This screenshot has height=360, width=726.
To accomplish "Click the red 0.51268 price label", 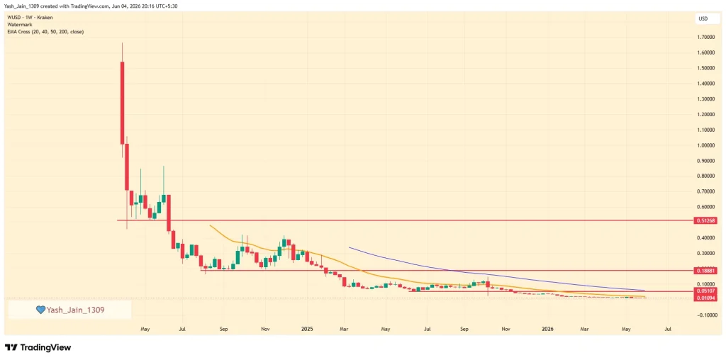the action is (x=706, y=220).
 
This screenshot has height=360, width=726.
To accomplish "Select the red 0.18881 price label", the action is (x=706, y=270).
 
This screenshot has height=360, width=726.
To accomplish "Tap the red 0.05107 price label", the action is (x=706, y=291).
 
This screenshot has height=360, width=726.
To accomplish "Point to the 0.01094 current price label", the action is (x=706, y=298).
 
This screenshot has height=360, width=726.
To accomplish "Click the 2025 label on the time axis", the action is (x=307, y=329).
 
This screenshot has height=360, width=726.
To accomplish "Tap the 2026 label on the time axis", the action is (x=548, y=329).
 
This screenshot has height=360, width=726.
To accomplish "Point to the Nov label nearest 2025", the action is (x=264, y=329).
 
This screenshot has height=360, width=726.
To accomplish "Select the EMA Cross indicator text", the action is (x=45, y=31).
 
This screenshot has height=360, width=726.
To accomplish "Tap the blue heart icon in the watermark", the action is (x=40, y=310).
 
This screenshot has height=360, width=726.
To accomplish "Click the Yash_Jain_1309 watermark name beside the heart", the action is (x=75, y=310).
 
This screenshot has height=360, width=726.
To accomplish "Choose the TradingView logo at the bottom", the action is (x=38, y=347).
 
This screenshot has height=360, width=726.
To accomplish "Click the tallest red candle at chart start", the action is (x=122, y=103).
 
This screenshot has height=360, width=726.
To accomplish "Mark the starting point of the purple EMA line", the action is (x=349, y=247).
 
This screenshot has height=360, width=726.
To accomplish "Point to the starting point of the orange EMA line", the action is (x=210, y=225).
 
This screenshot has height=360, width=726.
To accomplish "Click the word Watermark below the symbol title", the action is (x=19, y=25).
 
